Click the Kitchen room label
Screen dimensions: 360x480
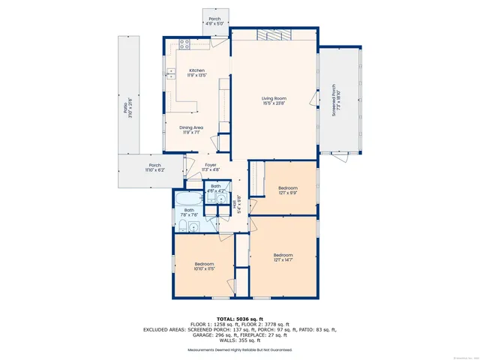click(x=196, y=71)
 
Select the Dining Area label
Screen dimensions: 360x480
click(x=191, y=127)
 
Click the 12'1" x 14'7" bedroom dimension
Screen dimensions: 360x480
click(x=283, y=259)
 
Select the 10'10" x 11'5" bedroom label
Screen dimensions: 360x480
click(x=205, y=268)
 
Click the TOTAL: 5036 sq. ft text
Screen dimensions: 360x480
click(x=239, y=319)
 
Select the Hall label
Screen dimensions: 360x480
click(x=238, y=204)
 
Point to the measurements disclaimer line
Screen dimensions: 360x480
click(x=239, y=350)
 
